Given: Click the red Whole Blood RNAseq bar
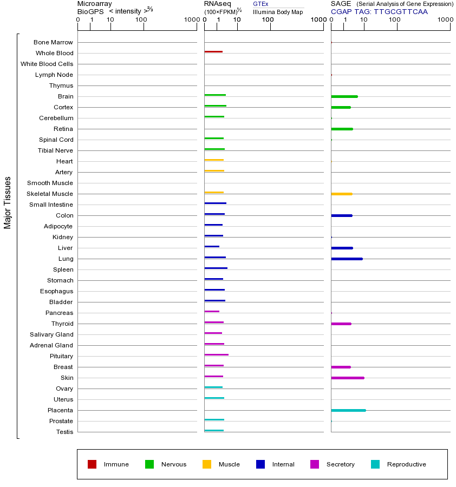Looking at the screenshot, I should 213,52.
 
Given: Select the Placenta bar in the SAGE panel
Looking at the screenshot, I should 348,410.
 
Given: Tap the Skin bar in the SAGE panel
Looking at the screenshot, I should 347,378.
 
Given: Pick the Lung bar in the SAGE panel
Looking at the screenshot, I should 347,259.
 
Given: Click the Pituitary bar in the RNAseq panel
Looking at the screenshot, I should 216,355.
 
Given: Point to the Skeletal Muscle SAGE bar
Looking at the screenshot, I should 341,194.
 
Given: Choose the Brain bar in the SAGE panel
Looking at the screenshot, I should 344,96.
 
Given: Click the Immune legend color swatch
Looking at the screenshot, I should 92,464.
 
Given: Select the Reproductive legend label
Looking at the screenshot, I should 406,464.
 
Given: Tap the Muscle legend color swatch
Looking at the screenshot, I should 207,464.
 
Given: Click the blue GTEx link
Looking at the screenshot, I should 260,4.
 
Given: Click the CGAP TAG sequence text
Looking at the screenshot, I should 379,11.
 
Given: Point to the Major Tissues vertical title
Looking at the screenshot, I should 8,202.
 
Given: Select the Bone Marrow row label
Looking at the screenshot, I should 53,42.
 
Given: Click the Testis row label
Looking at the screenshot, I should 64,432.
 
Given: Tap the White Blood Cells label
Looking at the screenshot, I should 47,64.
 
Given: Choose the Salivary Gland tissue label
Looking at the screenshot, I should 51,334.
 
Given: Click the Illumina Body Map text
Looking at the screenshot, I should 278,12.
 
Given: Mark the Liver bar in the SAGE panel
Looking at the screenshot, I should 342,248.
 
